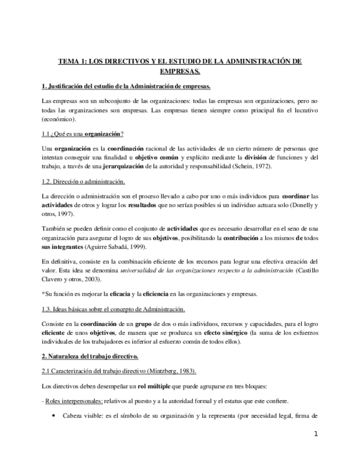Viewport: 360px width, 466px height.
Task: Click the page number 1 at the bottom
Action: [x=316, y=434]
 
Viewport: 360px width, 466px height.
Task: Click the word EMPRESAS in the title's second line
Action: [x=180, y=71]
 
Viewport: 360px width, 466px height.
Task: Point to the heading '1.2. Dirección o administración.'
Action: [x=84, y=181]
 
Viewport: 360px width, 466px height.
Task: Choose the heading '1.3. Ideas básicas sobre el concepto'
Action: [x=113, y=309]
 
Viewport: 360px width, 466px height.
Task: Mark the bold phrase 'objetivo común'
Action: [x=156, y=157]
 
